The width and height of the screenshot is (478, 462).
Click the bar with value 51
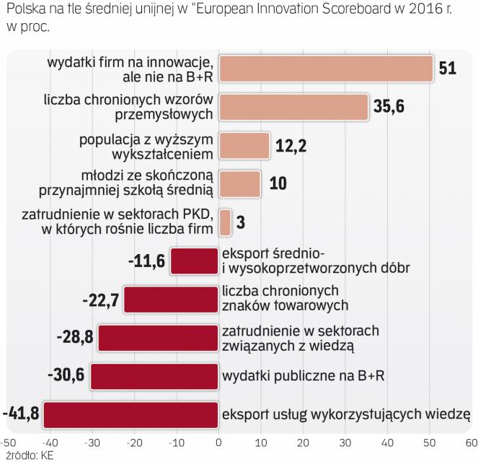pos(325,69)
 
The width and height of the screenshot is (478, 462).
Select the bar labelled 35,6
pos(293,106)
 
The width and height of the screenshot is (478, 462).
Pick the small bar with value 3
pos(225,222)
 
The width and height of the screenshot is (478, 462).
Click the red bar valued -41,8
pos(131,415)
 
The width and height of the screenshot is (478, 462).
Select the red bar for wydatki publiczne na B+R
pos(154,377)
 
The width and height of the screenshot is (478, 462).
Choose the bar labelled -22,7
pos(171,299)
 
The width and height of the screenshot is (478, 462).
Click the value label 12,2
pos(291,145)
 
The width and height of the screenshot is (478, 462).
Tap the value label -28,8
pos(75,338)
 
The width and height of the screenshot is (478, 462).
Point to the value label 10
pos(277,183)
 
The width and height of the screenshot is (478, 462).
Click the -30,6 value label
pos(66,376)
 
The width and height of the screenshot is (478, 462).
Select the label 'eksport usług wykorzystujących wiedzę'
pos(346,414)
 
